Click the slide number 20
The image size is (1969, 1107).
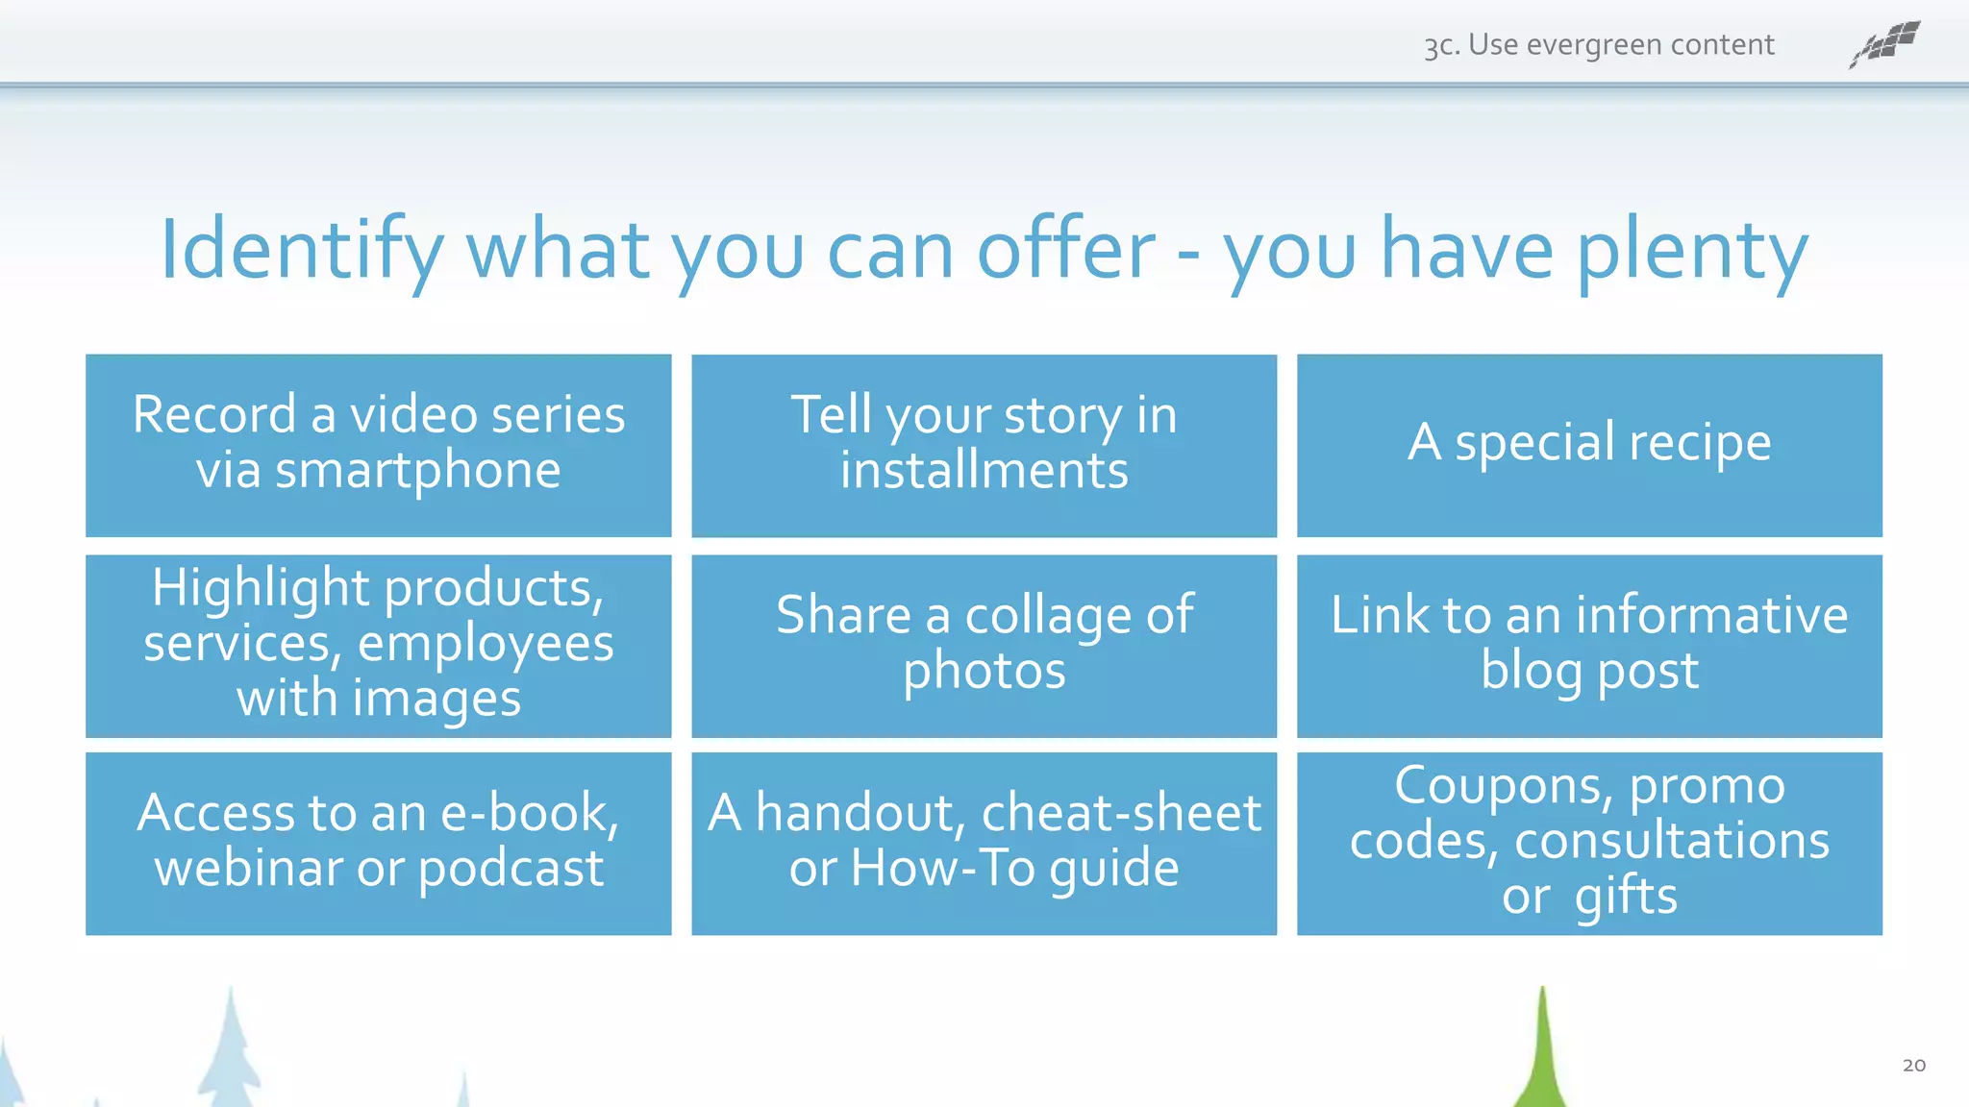tap(1913, 1065)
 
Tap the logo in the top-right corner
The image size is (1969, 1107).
tap(1884, 44)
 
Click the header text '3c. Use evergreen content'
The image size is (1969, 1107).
tap(1599, 45)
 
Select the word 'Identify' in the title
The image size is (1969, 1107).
tap(301, 251)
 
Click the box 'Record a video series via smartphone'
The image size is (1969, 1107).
tap(378, 445)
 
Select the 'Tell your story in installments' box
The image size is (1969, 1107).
tap(984, 445)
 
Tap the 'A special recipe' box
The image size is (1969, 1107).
tap(1589, 445)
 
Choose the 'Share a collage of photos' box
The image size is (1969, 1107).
tap(984, 646)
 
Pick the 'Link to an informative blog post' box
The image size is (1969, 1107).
tap(1589, 646)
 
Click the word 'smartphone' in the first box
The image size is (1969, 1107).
tap(417, 472)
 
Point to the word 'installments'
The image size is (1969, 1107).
tap(984, 471)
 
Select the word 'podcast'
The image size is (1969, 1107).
tap(511, 869)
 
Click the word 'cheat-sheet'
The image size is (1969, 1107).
tap(1120, 813)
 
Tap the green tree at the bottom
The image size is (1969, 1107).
tap(1541, 1057)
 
